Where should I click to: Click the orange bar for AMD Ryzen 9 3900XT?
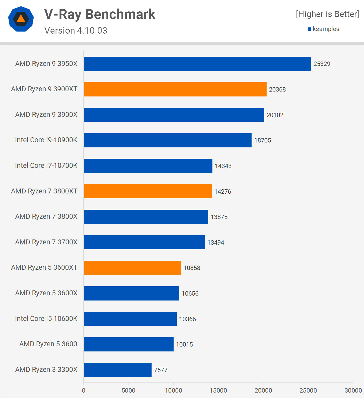pos(175,89)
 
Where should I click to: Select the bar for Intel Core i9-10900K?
pos(167,140)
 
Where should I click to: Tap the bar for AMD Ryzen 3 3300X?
pos(117,370)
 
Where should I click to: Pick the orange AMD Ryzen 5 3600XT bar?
pos(132,268)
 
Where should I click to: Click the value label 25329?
pos(322,64)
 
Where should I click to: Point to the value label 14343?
pos(223,166)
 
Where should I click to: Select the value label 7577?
pos(161,370)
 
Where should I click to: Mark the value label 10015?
pos(184,344)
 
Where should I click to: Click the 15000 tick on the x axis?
pos(218,390)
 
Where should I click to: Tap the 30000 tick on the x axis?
pos(353,390)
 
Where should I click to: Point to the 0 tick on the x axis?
pos(83,390)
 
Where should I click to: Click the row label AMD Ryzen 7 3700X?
pos(46,242)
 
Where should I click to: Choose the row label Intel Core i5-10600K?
pos(46,319)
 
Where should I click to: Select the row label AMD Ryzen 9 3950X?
pos(46,64)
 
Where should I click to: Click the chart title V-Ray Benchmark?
pos(100,14)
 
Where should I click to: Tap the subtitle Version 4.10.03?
pos(76,31)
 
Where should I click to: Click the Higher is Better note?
pos(327,14)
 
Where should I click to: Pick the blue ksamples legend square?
pos(309,29)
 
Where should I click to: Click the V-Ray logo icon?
pos(21,19)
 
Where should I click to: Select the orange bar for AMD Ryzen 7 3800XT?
pos(148,191)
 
